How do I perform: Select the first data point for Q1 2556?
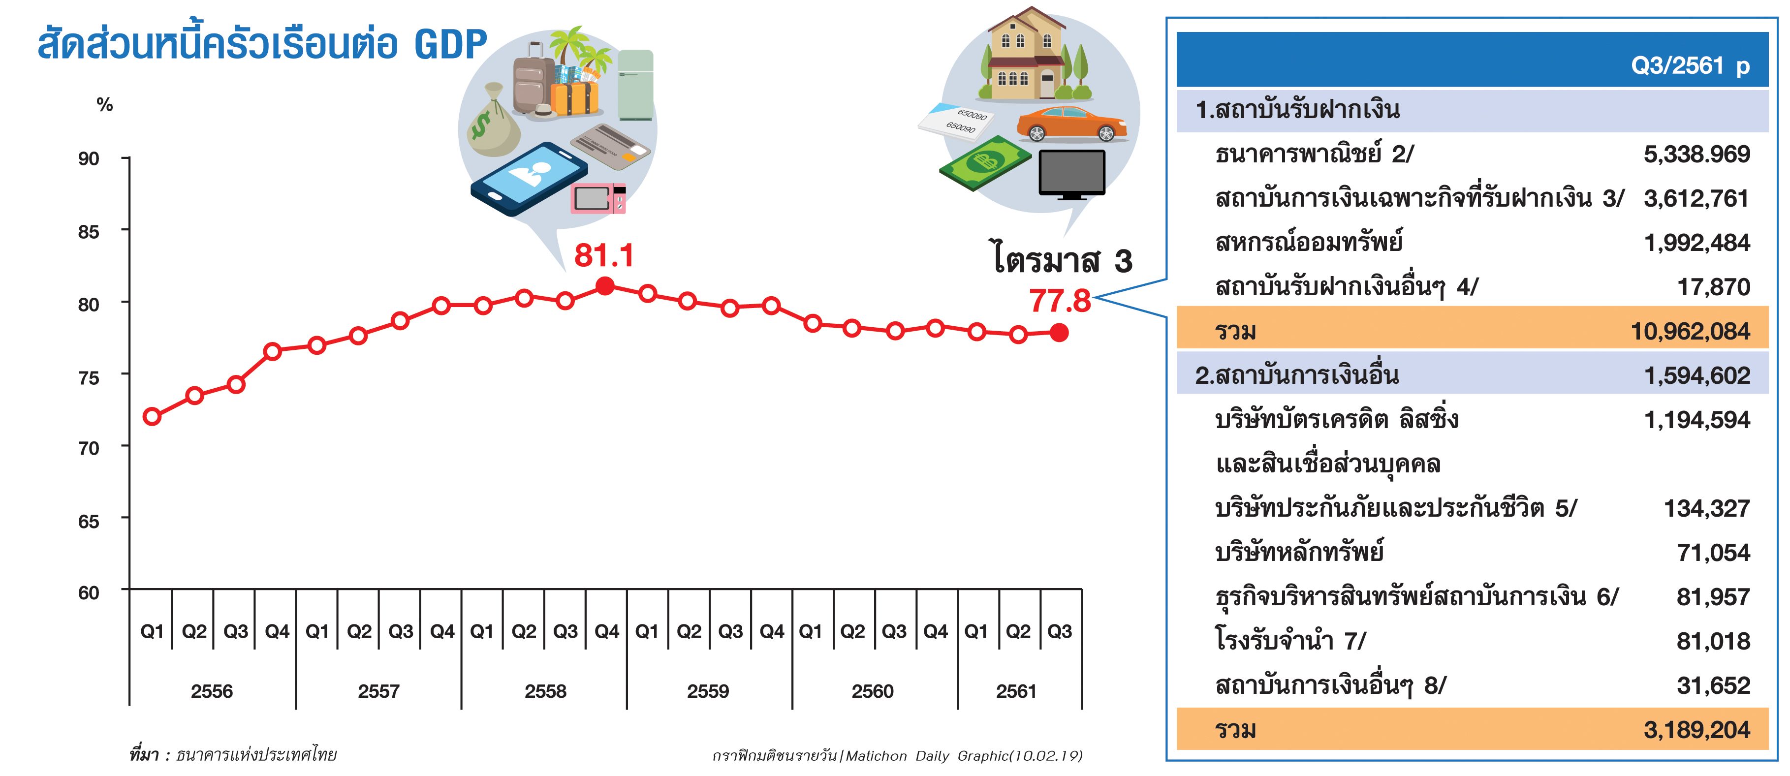tap(152, 417)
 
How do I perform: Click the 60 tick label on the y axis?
tap(88, 592)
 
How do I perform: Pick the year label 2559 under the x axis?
tap(708, 691)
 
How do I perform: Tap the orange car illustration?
tap(1072, 124)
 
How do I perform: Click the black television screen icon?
tap(1071, 174)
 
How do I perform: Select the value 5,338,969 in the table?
tap(1696, 154)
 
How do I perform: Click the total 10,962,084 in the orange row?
tap(1690, 331)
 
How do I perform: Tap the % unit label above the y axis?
tap(105, 105)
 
